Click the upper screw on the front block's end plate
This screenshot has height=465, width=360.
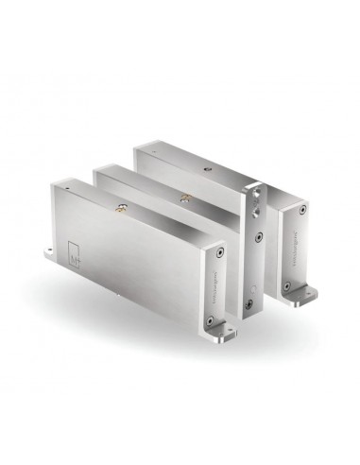point(219,253)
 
